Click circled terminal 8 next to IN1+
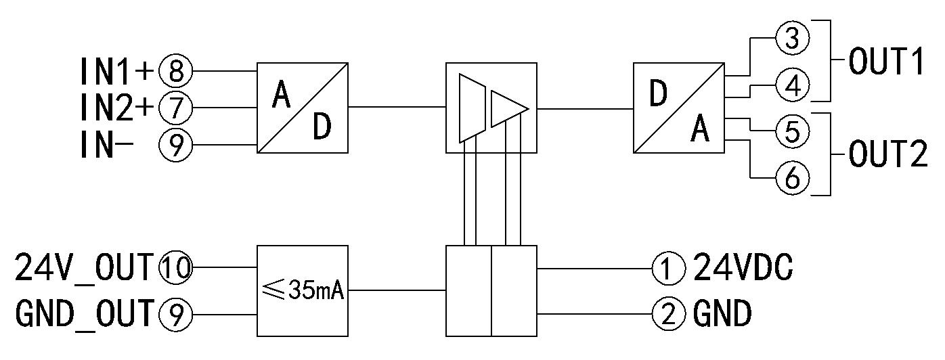click(175, 70)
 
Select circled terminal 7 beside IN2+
click(175, 107)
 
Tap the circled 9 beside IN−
click(175, 145)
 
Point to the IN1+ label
click(117, 70)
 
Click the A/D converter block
click(303, 107)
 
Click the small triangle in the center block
click(508, 108)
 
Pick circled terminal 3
click(791, 39)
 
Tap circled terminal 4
click(791, 85)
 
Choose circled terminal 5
click(791, 131)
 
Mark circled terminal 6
click(791, 177)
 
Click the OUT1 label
click(887, 62)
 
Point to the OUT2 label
click(887, 155)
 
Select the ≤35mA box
click(303, 290)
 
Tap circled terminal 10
click(175, 268)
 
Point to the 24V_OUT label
click(84, 268)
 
